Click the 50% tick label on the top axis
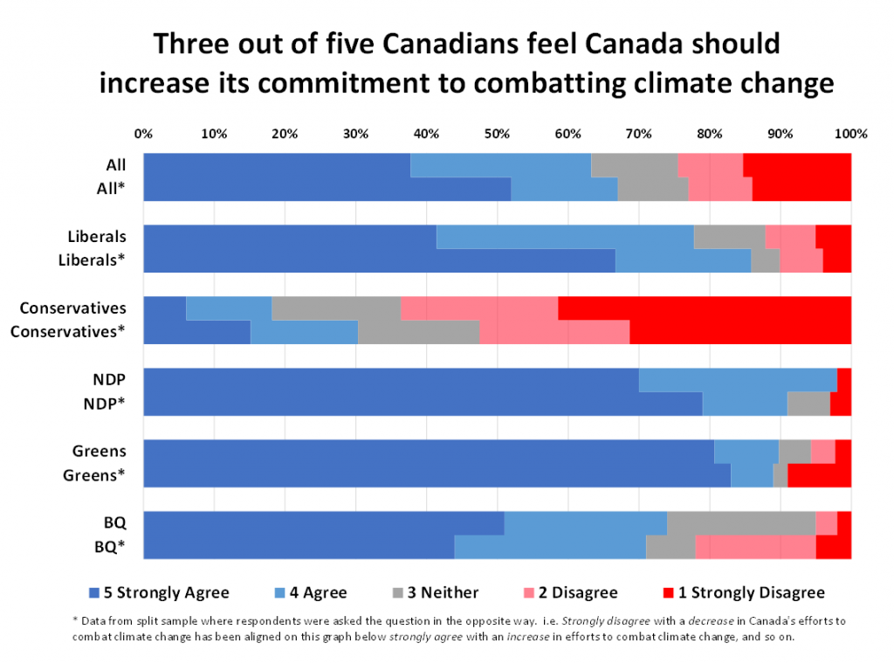pos(497,134)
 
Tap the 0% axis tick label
pos(143,134)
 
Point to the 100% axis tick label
pos(850,134)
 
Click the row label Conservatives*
pos(68,332)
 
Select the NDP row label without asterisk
pos(111,379)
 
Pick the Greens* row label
pos(95,475)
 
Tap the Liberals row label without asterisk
pos(97,236)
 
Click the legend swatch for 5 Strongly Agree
pos(93,593)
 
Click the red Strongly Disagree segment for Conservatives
pos(704,308)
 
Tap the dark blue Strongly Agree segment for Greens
pos(428,452)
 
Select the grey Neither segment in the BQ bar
pos(740,522)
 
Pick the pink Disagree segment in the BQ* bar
pos(755,547)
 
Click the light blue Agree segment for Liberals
pos(565,237)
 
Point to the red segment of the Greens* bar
pos(819,475)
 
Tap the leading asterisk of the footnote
pos(74,619)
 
